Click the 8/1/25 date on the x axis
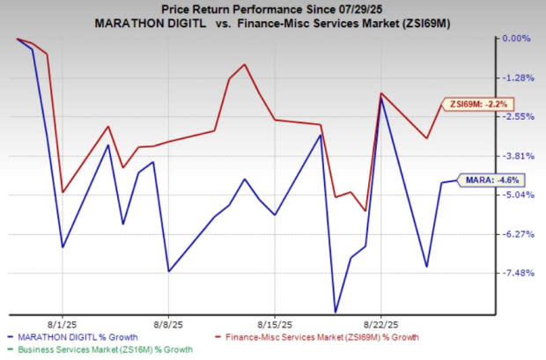pos(63,323)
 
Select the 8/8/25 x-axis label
pos(168,323)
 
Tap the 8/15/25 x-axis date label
pos(275,323)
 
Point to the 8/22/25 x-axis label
pos(380,323)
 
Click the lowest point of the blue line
pos(336,311)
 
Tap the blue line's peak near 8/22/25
pos(380,99)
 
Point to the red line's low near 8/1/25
pos(63,191)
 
